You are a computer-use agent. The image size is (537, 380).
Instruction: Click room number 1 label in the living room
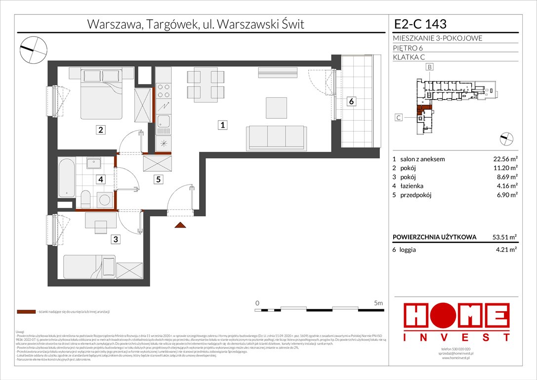(223, 126)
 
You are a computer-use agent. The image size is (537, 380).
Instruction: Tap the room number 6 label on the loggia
(351, 101)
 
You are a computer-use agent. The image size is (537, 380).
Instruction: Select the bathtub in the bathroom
(66, 177)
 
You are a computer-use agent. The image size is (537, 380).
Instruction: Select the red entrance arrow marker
(180, 225)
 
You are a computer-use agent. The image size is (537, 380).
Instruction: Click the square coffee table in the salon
(276, 106)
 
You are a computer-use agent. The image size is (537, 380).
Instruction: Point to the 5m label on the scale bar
(378, 302)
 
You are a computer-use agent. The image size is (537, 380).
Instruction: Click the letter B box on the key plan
(430, 67)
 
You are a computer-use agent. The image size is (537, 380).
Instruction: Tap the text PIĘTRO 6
(408, 48)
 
